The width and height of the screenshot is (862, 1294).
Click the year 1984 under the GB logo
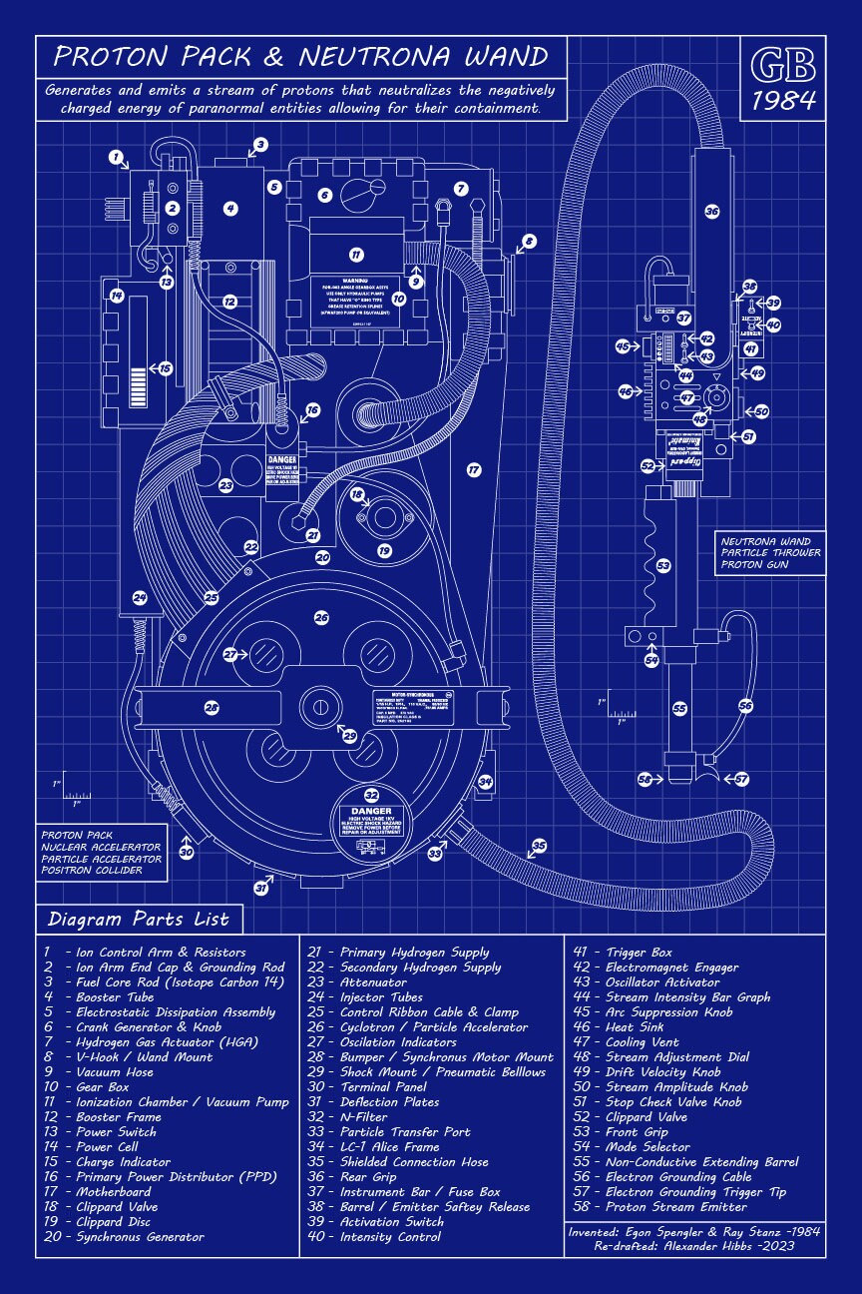[x=783, y=100]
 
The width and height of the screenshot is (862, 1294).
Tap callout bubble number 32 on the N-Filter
[x=371, y=795]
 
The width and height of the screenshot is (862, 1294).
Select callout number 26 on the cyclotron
[x=321, y=618]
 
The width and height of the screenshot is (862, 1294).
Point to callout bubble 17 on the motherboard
[x=474, y=468]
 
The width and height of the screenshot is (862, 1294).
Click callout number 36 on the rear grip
[x=711, y=211]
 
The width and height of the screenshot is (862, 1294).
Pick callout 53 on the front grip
[x=663, y=565]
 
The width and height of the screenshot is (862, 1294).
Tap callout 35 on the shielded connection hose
[x=539, y=846]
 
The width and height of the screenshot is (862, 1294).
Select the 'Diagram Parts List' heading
[x=139, y=919]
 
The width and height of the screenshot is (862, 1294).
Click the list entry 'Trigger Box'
[x=640, y=953]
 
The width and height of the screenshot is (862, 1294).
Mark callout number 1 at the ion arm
[x=117, y=157]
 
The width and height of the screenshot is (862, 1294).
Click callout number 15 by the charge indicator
[x=166, y=368]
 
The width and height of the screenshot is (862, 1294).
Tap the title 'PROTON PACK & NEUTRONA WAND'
[x=301, y=56]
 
